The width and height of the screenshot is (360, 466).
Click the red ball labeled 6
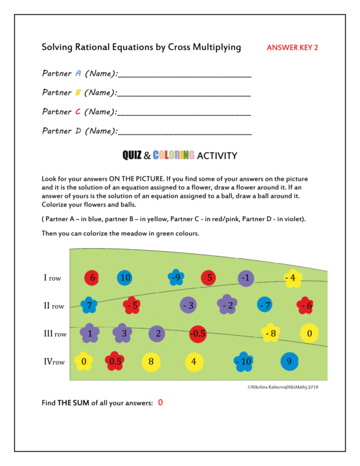tap(92, 278)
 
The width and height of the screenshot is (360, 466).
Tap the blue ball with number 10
tap(125, 278)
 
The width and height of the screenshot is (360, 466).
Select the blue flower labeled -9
tap(175, 277)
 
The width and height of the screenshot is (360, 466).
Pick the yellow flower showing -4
tap(292, 277)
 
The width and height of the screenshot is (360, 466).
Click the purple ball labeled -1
tap(245, 278)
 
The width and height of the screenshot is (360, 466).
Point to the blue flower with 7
tap(89, 305)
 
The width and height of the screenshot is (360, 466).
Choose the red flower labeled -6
tap(305, 305)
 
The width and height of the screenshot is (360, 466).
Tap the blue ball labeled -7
tap(265, 305)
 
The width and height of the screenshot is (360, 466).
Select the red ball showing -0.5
tap(198, 333)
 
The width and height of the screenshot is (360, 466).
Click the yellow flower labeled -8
tap(270, 333)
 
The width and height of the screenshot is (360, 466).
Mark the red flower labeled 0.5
tap(115, 361)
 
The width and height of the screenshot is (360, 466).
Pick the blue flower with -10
tap(243, 361)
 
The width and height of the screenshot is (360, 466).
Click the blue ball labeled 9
tap(289, 361)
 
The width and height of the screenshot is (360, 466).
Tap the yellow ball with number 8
tap(151, 361)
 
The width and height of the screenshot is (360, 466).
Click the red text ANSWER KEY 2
tap(292, 47)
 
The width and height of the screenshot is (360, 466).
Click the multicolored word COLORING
tap(173, 156)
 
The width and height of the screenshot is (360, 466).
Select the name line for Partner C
tap(184, 114)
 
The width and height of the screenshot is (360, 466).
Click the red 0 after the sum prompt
tap(160, 402)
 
